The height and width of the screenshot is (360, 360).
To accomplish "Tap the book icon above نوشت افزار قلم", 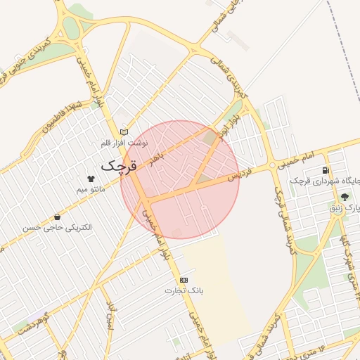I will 124,131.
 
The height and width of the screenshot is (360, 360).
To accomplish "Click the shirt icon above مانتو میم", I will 90,179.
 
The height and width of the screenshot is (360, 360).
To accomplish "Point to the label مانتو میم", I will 91,190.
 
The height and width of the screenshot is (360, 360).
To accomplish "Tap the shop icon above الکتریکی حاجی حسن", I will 57,217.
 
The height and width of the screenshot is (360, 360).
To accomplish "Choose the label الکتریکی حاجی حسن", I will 57,229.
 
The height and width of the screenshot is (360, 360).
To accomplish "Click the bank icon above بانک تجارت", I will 184,280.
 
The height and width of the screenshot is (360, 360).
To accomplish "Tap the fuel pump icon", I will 325,170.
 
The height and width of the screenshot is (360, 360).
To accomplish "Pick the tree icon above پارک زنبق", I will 344,197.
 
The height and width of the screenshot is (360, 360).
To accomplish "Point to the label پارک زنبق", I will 344,208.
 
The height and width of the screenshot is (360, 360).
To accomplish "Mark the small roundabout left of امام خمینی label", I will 272,167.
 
